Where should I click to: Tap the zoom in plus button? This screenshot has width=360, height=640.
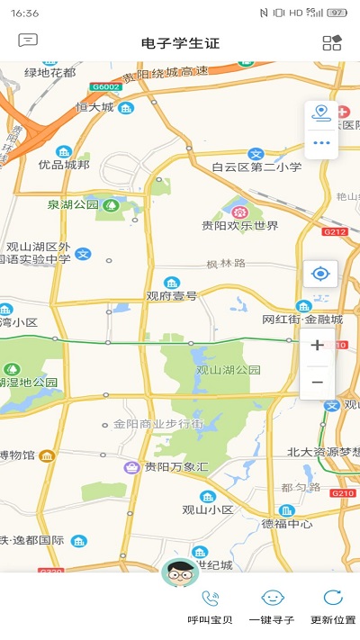pos(317,346)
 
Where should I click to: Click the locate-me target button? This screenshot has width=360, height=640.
pos(320,274)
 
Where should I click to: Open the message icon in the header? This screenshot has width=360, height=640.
pos(28,41)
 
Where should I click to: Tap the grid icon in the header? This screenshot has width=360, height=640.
pos(331,42)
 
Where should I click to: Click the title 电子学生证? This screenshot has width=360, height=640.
pos(180,43)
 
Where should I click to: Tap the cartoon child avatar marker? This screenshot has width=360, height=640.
pos(180,572)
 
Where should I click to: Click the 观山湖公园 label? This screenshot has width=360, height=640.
pos(228,370)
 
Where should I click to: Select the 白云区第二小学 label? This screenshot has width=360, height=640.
pos(256,167)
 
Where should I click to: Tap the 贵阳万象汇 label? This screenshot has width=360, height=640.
pos(177,467)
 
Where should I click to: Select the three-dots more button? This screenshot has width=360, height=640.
pos(321,142)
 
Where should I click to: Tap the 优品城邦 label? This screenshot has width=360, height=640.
pos(64,165)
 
